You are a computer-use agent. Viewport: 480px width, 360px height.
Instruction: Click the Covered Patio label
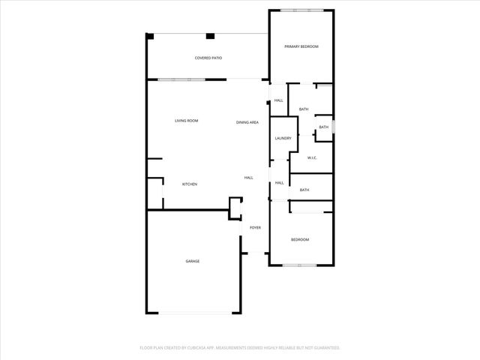pyautogui.click(x=208, y=58)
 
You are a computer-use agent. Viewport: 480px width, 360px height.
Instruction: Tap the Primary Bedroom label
pyautogui.click(x=301, y=46)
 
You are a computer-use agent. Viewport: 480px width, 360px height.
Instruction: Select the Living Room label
pyautogui.click(x=186, y=121)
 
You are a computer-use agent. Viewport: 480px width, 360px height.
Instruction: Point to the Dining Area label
pyautogui.click(x=247, y=122)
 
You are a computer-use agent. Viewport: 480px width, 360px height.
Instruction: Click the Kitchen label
pyautogui.click(x=190, y=184)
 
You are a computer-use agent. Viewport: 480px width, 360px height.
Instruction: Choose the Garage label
pyautogui.click(x=193, y=261)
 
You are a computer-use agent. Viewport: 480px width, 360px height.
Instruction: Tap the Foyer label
pyautogui.click(x=255, y=227)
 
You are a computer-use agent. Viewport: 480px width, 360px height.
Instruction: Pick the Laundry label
pyautogui.click(x=283, y=138)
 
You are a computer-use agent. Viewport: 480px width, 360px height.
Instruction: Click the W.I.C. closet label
pyautogui.click(x=313, y=157)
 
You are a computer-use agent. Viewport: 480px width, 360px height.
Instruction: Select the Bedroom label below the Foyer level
pyautogui.click(x=300, y=239)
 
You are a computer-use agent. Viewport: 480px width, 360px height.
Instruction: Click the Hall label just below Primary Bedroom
pyautogui.click(x=278, y=100)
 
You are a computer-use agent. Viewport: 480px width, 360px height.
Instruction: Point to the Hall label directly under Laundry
pyautogui.click(x=279, y=183)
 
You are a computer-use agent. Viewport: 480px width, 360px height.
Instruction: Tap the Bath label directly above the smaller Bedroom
pyautogui.click(x=304, y=190)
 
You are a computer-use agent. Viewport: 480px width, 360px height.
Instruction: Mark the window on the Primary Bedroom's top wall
pyautogui.click(x=302, y=10)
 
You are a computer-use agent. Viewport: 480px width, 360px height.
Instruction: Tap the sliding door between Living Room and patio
pyautogui.click(x=175, y=79)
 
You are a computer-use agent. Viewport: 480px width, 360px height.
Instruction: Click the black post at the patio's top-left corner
pyautogui.click(x=150, y=35)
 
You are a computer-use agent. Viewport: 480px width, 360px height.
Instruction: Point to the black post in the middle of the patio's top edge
pyautogui.click(x=210, y=35)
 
